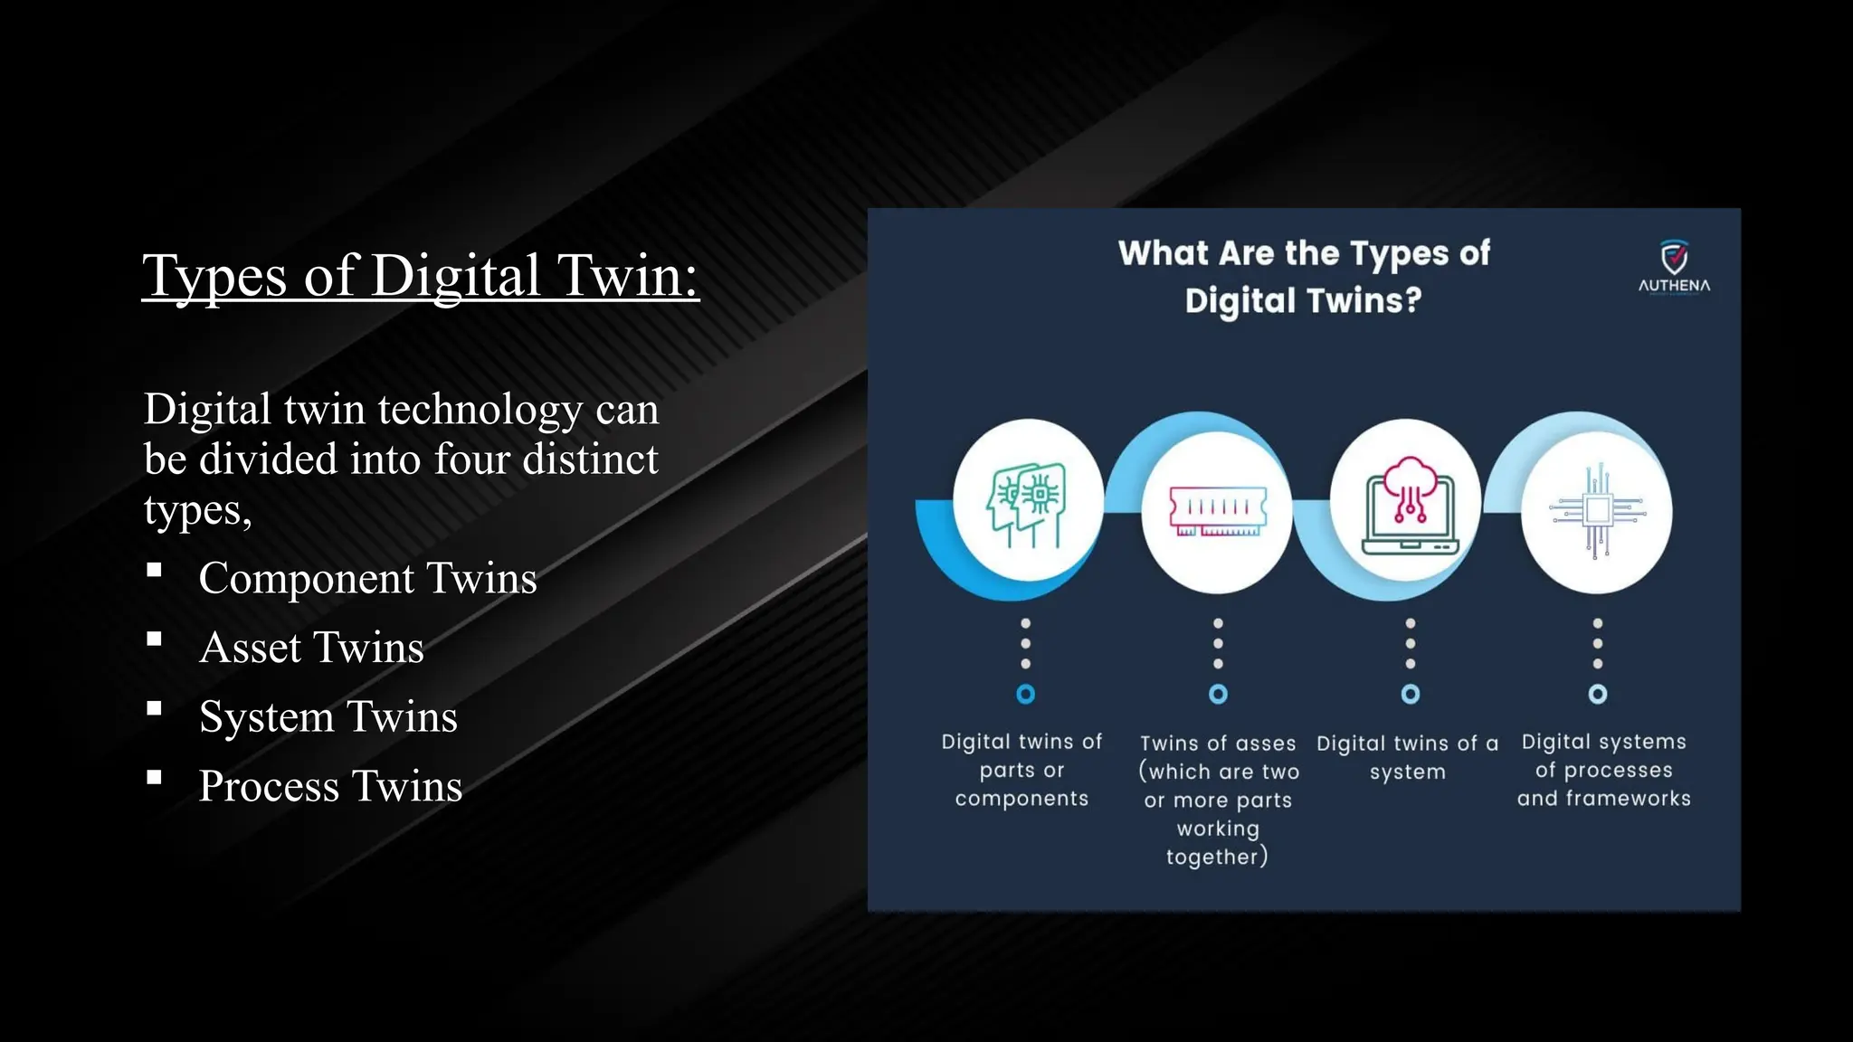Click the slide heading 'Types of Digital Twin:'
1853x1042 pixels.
(421, 275)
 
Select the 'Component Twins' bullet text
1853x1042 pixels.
(367, 578)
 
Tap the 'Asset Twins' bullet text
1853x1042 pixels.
(311, 648)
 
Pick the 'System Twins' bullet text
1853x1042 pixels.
(328, 716)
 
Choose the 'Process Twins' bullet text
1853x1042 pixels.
(330, 786)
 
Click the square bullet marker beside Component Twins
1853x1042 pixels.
(155, 570)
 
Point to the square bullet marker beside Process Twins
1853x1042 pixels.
(155, 777)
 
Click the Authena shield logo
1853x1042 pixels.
(1674, 258)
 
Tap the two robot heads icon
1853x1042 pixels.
(1026, 507)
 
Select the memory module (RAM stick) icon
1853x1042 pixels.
(1218, 511)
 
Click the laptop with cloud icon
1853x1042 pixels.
(1409, 507)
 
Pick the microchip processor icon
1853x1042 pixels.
(1597, 511)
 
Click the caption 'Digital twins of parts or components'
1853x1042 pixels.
(1022, 770)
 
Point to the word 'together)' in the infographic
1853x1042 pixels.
(1217, 857)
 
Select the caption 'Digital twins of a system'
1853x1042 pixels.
(1407, 757)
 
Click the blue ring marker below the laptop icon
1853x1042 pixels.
(1410, 694)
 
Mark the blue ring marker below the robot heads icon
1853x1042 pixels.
(1025, 694)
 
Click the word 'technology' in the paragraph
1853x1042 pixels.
(480, 410)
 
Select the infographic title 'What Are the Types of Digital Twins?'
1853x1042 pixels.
(1304, 277)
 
